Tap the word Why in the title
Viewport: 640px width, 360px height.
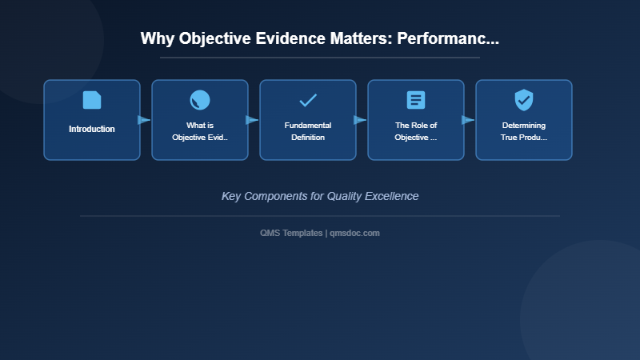[158, 38]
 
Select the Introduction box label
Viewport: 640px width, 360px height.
[92, 129]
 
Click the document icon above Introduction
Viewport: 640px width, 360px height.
[92, 100]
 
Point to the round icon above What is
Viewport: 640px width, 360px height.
[200, 100]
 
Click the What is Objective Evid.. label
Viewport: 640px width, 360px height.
[200, 131]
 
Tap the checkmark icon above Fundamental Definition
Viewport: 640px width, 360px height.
[308, 100]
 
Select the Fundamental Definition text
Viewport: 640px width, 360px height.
[308, 131]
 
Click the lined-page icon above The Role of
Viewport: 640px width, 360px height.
[416, 100]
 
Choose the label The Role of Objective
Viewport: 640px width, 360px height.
[416, 131]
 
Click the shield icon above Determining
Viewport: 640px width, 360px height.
[524, 100]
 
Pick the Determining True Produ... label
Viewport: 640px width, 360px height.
[524, 131]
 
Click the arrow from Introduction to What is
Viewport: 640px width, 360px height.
[144, 120]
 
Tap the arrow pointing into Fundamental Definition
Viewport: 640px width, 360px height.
[252, 120]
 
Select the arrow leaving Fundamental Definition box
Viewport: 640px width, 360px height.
[360, 120]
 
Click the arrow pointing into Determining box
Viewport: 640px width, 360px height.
[468, 120]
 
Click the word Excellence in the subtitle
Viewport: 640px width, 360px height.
[392, 196]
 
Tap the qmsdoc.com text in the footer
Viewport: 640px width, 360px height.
[355, 233]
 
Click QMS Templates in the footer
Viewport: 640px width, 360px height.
[291, 233]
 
